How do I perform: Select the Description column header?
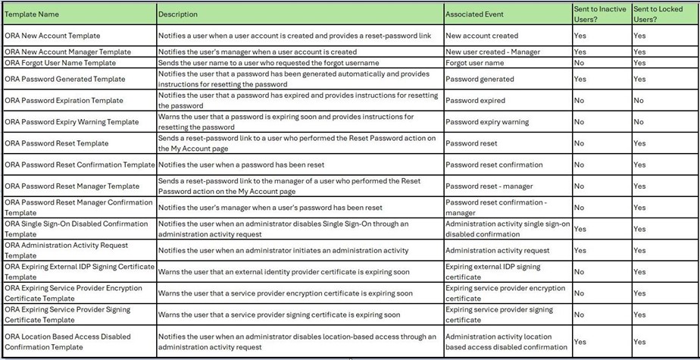(x=178, y=14)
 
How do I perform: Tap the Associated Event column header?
(x=474, y=14)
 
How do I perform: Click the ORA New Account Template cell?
(x=52, y=36)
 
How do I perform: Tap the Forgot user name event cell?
(x=474, y=63)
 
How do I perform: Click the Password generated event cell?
(x=480, y=79)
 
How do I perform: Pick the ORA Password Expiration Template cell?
(x=62, y=100)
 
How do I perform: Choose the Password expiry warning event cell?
(x=487, y=122)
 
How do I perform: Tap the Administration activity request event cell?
(x=498, y=250)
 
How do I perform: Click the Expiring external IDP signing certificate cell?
(x=493, y=271)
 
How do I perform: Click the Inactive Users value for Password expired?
(x=579, y=100)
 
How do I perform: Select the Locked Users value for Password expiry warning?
(x=639, y=122)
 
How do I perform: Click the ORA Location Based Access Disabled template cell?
(x=67, y=342)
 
